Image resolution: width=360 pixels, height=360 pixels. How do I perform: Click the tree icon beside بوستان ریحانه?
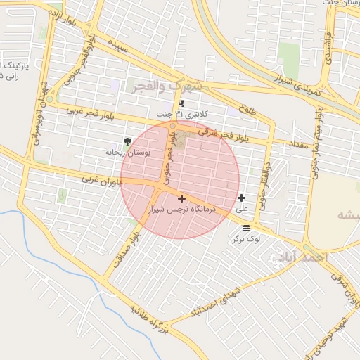coord(127,142)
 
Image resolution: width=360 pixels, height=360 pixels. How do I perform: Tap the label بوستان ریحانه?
coord(124,152)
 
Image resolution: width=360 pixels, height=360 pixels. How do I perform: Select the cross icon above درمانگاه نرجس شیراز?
coord(181,199)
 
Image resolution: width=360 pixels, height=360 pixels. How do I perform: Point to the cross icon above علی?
coord(242,198)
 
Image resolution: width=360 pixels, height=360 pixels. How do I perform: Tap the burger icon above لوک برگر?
coord(246,228)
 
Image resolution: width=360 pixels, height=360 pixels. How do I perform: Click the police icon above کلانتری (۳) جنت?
coord(182,104)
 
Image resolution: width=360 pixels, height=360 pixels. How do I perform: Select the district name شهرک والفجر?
coord(166,85)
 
